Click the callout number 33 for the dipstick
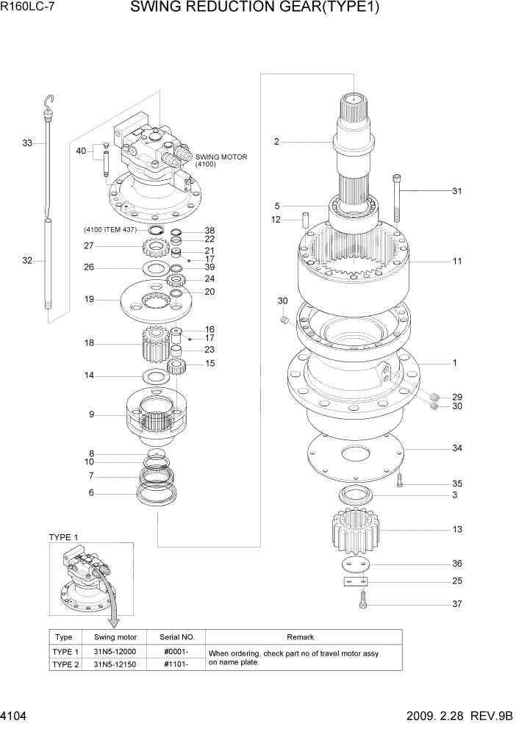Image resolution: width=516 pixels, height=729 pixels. (x=27, y=143)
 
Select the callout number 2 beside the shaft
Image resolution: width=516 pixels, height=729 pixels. (x=276, y=142)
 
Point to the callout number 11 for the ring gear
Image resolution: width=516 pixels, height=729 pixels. (x=456, y=261)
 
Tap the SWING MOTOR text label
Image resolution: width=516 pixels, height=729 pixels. (x=221, y=157)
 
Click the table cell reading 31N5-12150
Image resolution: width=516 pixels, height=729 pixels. (x=116, y=664)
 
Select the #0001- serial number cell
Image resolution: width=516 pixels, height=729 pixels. (x=176, y=652)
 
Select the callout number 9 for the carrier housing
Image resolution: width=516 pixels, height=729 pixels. (x=92, y=414)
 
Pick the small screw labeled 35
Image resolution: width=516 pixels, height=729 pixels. (x=400, y=481)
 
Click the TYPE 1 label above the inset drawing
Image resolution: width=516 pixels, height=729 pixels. (x=63, y=537)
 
